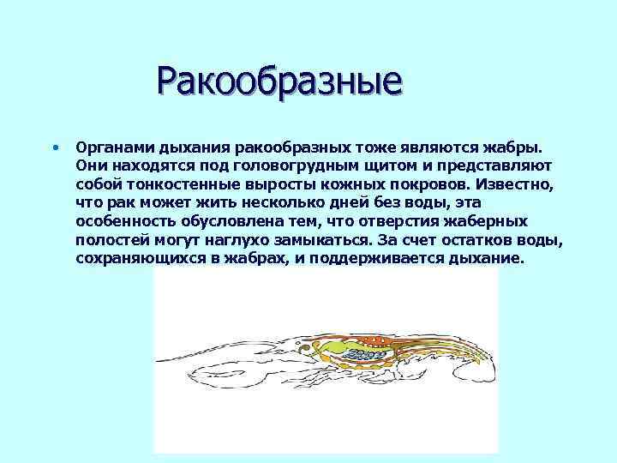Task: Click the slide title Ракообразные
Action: tap(279, 83)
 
